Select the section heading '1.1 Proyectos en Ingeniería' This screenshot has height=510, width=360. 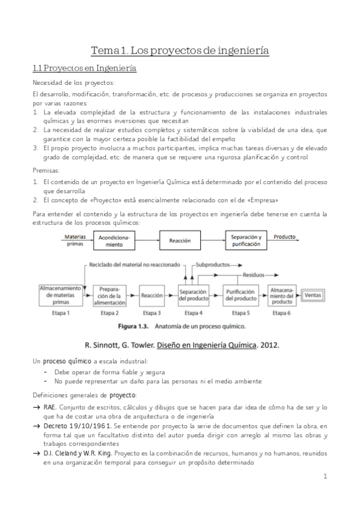[84, 69]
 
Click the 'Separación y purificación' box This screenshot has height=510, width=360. [245, 241]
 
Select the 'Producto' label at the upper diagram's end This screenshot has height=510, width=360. [284, 237]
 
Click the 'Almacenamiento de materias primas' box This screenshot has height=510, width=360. [60, 296]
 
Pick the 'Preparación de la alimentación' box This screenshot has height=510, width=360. [109, 296]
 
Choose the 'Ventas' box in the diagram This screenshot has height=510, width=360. [313, 295]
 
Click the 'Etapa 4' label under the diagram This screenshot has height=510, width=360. [193, 313]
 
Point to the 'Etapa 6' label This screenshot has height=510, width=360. [281, 313]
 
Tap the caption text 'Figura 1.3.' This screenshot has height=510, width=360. [132, 327]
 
